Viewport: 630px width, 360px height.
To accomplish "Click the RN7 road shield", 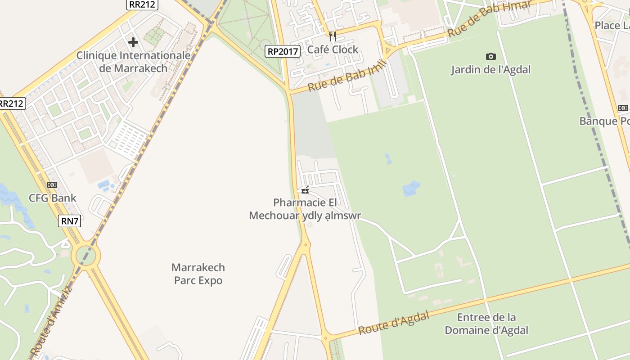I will pyautogui.click(x=69, y=221).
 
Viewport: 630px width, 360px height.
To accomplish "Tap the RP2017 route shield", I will pyautogui.click(x=282, y=51).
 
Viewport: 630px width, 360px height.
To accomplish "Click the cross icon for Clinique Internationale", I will pyautogui.click(x=133, y=42).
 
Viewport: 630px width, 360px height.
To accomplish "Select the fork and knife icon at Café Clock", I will pyautogui.click(x=333, y=36).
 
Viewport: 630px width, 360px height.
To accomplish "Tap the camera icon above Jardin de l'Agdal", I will pyautogui.click(x=491, y=56).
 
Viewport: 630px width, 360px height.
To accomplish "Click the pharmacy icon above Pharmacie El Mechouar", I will pyautogui.click(x=305, y=190).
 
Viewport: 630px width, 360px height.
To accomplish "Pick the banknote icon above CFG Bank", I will pyautogui.click(x=52, y=185).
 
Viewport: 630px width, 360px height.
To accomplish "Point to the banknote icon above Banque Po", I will pyautogui.click(x=623, y=108).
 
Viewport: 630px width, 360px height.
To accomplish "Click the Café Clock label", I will pyautogui.click(x=333, y=49).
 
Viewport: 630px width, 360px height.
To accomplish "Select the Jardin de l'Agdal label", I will pyautogui.click(x=491, y=70).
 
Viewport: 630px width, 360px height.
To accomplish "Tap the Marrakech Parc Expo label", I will pyautogui.click(x=198, y=274).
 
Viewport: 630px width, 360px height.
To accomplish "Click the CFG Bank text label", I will pyautogui.click(x=52, y=198).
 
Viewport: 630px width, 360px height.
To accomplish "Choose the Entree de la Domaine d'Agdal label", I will pyautogui.click(x=486, y=324).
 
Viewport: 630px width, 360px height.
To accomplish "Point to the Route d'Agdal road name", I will pyautogui.click(x=393, y=324).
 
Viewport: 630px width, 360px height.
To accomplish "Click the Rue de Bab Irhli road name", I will pyautogui.click(x=347, y=76).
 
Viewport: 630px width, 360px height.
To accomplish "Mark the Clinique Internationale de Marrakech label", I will pyautogui.click(x=133, y=62).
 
